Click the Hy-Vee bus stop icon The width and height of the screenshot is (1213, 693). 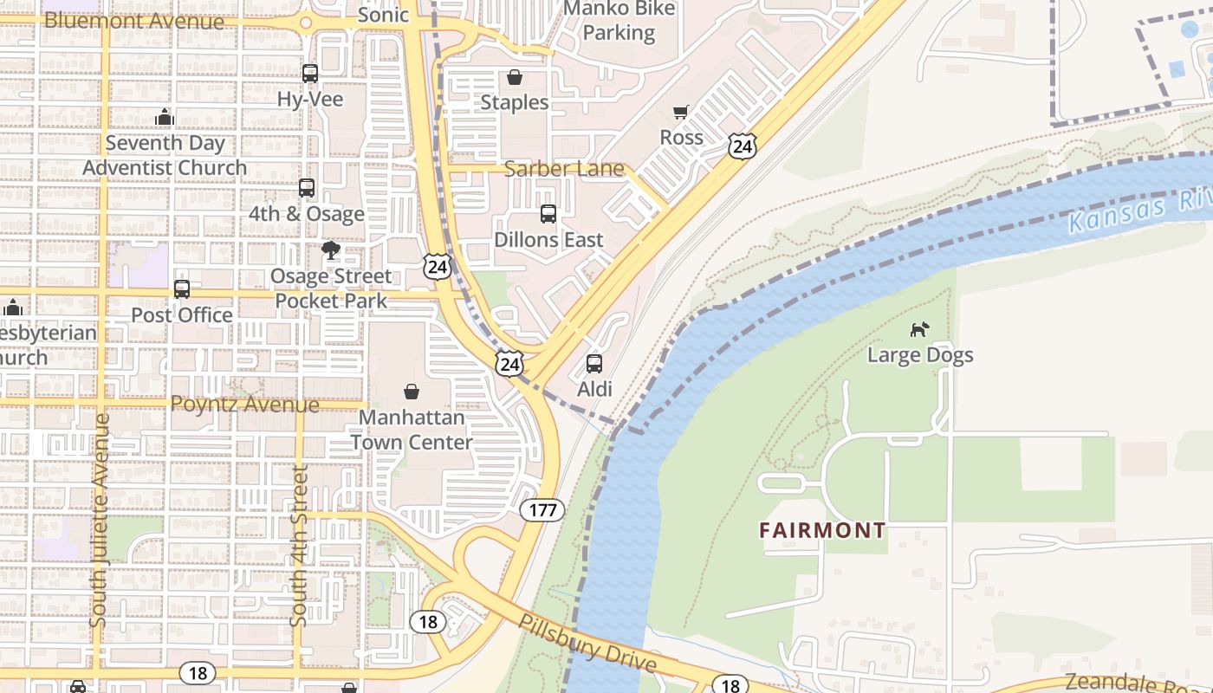click(x=309, y=74)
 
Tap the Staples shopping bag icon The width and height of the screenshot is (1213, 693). click(x=515, y=77)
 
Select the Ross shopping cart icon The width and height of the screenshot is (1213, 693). click(x=681, y=112)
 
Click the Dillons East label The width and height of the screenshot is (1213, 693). click(x=548, y=239)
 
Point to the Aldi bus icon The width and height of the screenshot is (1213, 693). click(x=594, y=364)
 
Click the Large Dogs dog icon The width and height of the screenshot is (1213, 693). click(x=920, y=329)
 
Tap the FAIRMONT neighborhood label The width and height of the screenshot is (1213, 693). click(x=822, y=530)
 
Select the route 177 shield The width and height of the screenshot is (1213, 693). click(x=542, y=509)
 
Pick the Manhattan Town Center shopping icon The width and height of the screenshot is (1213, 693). click(x=412, y=392)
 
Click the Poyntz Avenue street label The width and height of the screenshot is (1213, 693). click(x=244, y=404)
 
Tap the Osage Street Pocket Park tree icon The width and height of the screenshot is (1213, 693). click(x=330, y=251)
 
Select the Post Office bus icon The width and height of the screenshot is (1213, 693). click(x=181, y=289)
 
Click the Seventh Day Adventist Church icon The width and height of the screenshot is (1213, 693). click(x=165, y=117)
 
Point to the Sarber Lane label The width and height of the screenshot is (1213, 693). click(x=564, y=168)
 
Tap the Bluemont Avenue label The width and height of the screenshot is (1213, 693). click(x=133, y=20)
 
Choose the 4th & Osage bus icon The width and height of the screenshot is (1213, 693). click(x=306, y=188)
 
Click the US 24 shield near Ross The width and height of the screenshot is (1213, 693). click(x=742, y=146)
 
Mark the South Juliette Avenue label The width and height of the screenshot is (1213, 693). click(x=101, y=520)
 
